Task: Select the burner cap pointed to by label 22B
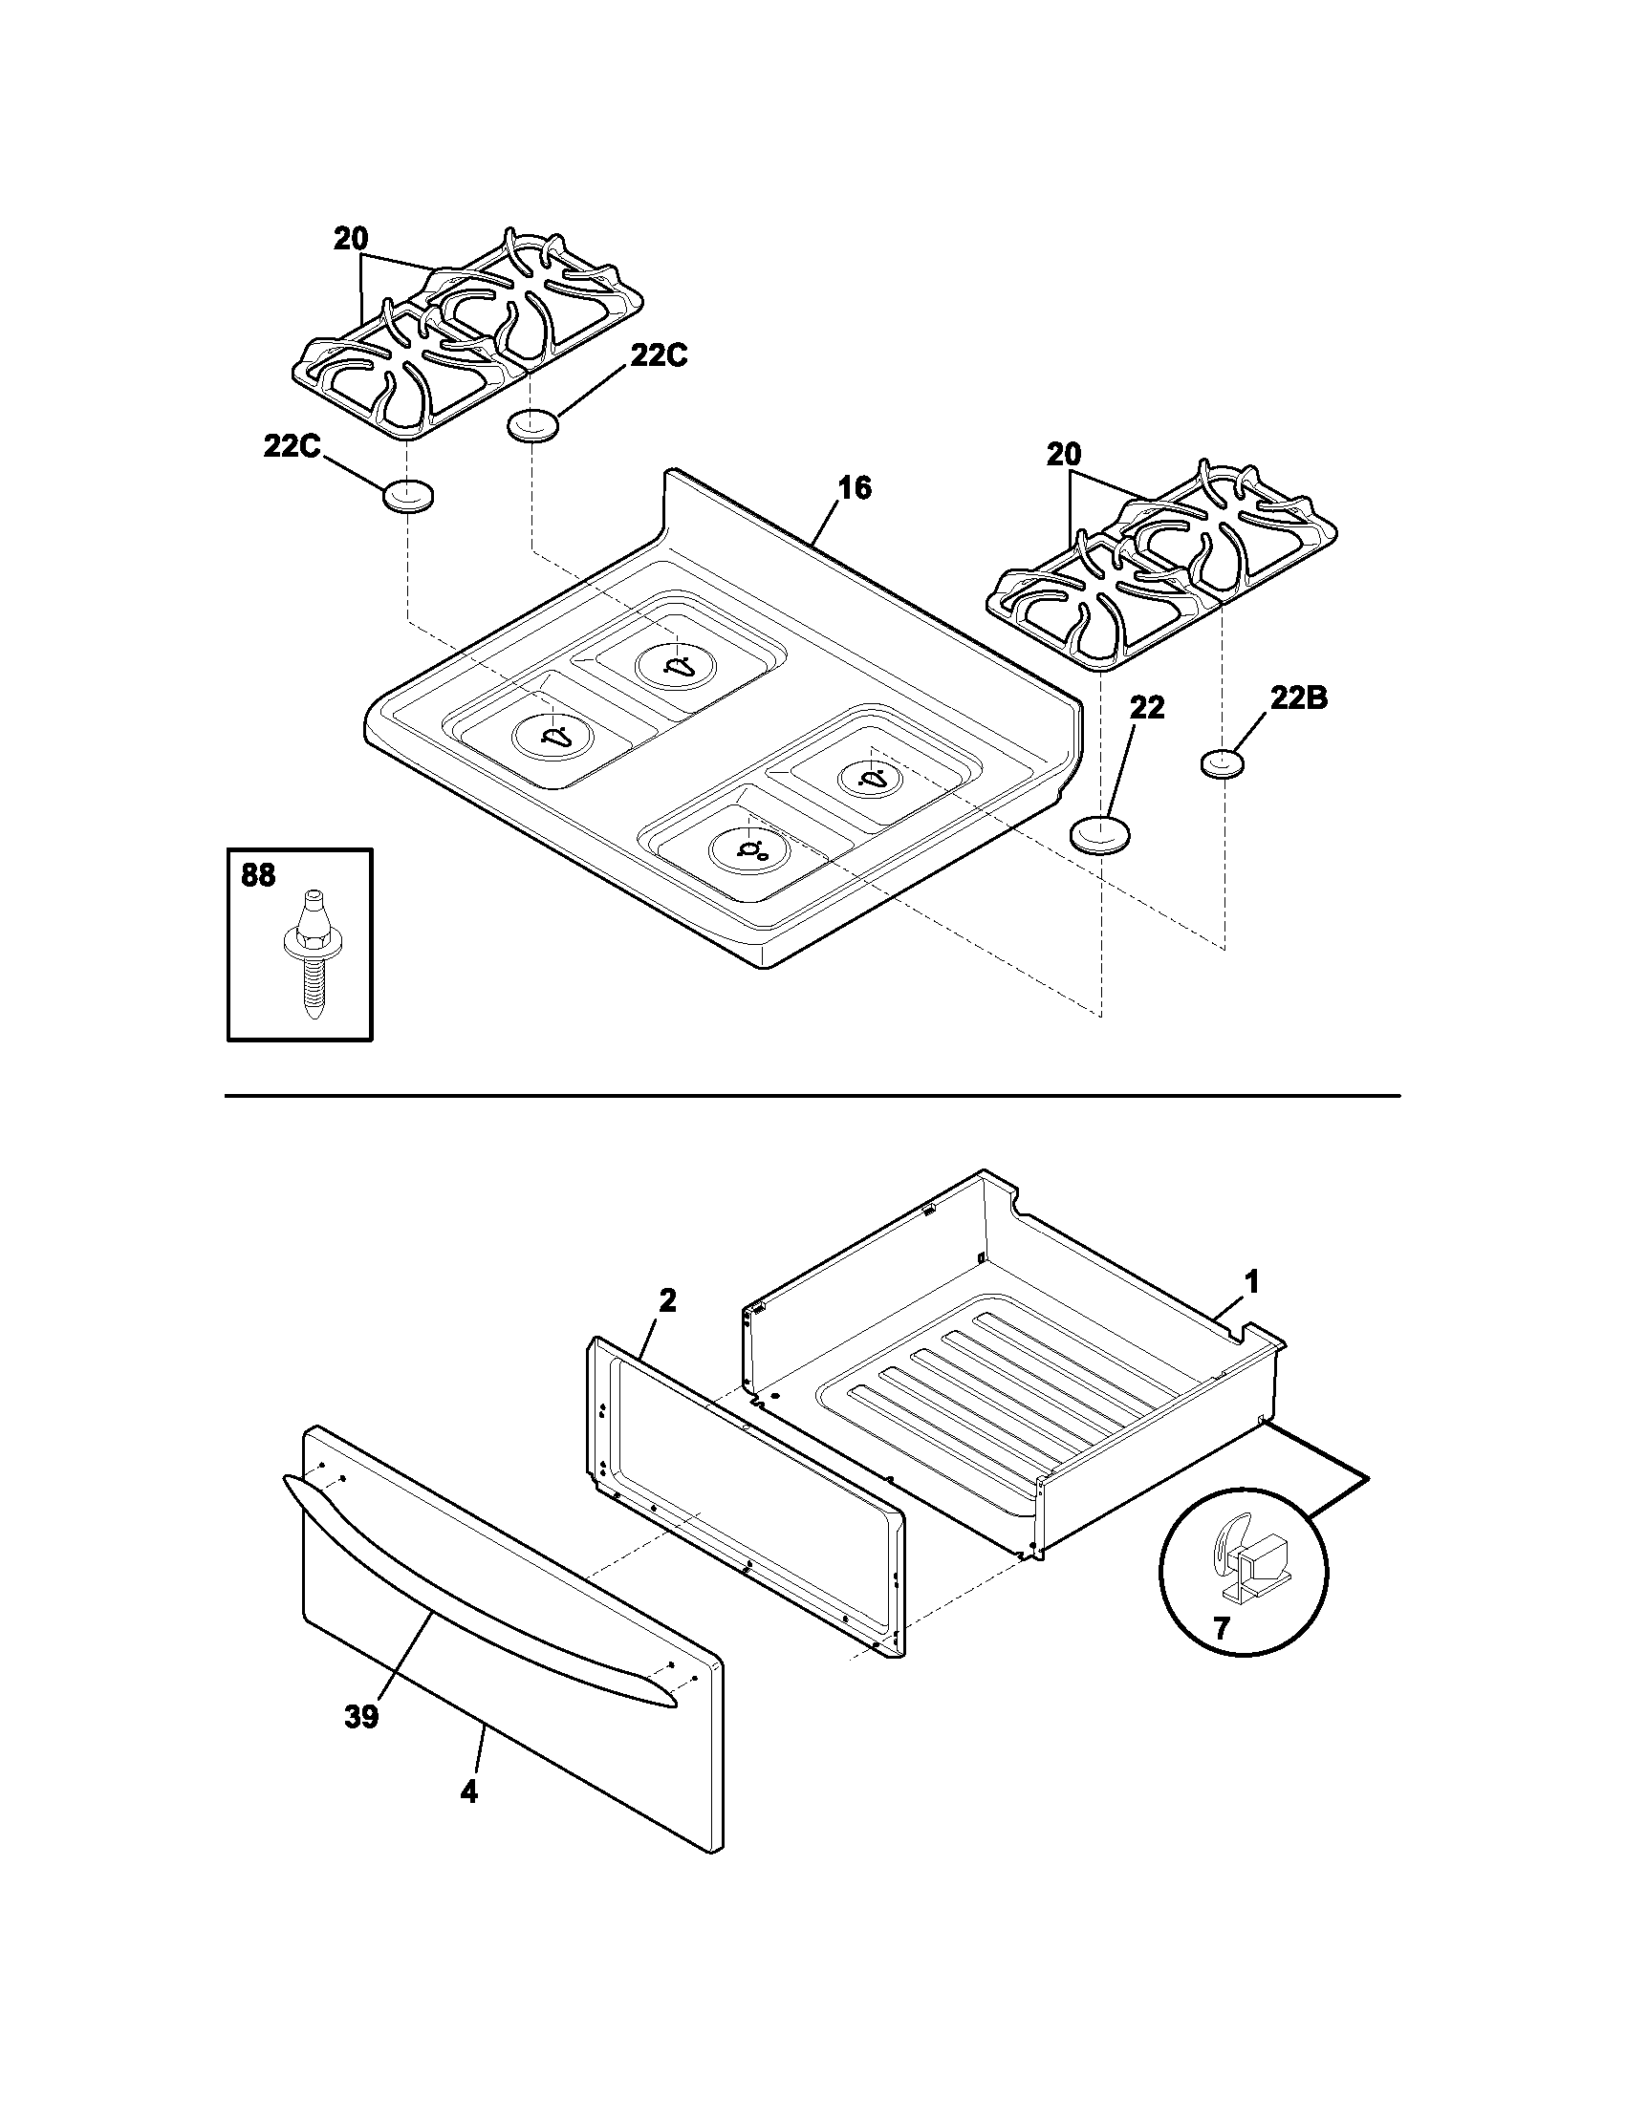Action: coord(1223,764)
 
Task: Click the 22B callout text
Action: coord(1298,699)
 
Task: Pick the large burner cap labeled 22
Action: coord(1100,833)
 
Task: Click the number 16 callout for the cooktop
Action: coord(854,489)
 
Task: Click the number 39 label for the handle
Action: coord(362,1717)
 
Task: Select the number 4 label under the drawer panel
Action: coord(468,1792)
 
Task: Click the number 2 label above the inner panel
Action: coord(667,1301)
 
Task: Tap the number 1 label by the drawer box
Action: coord(1251,1282)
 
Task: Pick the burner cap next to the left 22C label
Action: coord(408,497)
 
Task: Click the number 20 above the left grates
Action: coord(352,239)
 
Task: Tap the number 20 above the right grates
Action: coord(1064,454)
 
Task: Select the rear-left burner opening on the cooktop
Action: coord(678,665)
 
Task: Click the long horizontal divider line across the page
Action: coord(812,1096)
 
